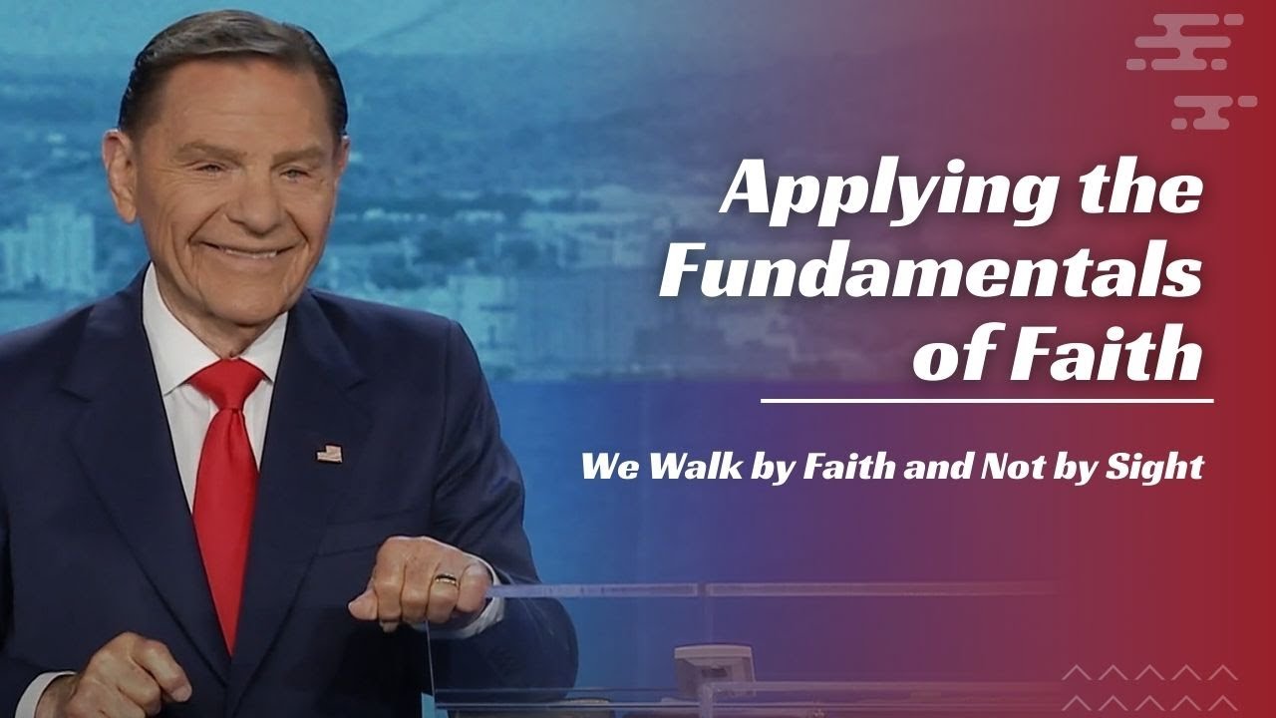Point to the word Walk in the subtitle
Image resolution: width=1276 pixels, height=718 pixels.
tap(689, 467)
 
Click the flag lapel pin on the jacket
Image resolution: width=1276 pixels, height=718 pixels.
tap(329, 453)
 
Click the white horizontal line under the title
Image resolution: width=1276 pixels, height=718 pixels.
tap(986, 400)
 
